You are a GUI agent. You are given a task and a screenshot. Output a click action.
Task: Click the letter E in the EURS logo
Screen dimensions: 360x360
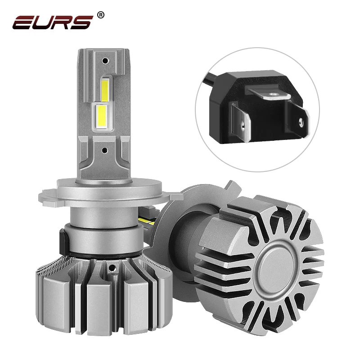click(23, 22)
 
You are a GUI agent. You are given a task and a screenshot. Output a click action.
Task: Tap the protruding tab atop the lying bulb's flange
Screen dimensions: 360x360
click(230, 186)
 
